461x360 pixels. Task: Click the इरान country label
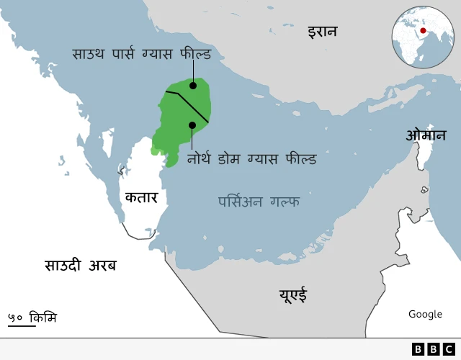coord(322,31)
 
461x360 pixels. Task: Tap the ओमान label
coord(425,135)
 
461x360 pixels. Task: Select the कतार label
coord(141,197)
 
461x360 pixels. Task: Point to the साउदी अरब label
coord(80,265)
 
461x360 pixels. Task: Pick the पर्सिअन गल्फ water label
coord(259,202)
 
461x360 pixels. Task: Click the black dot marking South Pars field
coord(193,86)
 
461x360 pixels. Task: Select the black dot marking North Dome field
coord(192,125)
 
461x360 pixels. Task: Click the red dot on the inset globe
coord(423,31)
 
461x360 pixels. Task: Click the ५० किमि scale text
coord(32,317)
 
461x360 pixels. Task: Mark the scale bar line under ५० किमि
coord(22,326)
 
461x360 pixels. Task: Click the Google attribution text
coord(425,314)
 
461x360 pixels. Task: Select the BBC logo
coord(433,349)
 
